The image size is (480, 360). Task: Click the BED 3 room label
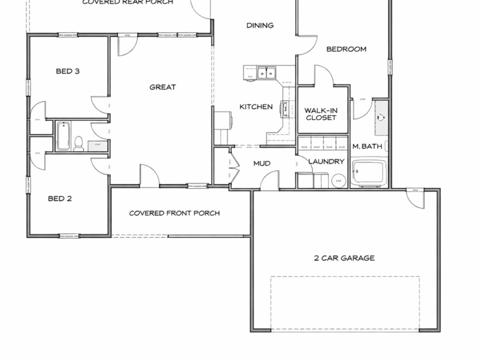point(68,71)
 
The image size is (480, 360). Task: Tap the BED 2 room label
point(60,199)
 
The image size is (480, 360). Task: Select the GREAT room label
point(163,88)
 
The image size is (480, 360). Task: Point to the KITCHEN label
point(256,107)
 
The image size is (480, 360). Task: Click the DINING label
point(260,26)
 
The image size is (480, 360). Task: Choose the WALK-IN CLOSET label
point(320,114)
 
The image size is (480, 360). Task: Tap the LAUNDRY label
point(326,161)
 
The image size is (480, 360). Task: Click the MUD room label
point(262,163)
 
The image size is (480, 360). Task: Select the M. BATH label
point(364,146)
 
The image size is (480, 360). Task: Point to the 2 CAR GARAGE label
point(344,259)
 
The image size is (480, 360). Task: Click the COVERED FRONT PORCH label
point(174,213)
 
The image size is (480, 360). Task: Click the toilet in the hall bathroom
point(78,143)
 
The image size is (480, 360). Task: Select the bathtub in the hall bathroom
point(64,136)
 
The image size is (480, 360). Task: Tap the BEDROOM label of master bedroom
point(346,49)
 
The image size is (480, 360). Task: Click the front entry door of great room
point(149,175)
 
